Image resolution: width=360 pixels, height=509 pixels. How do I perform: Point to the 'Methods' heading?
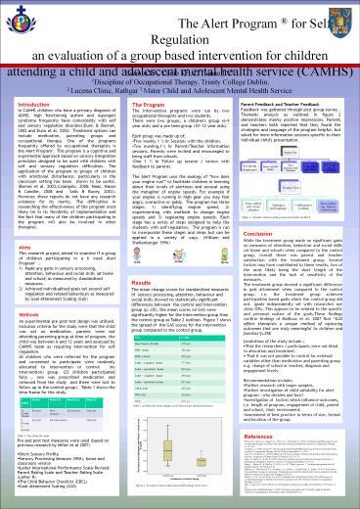point(27,331)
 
